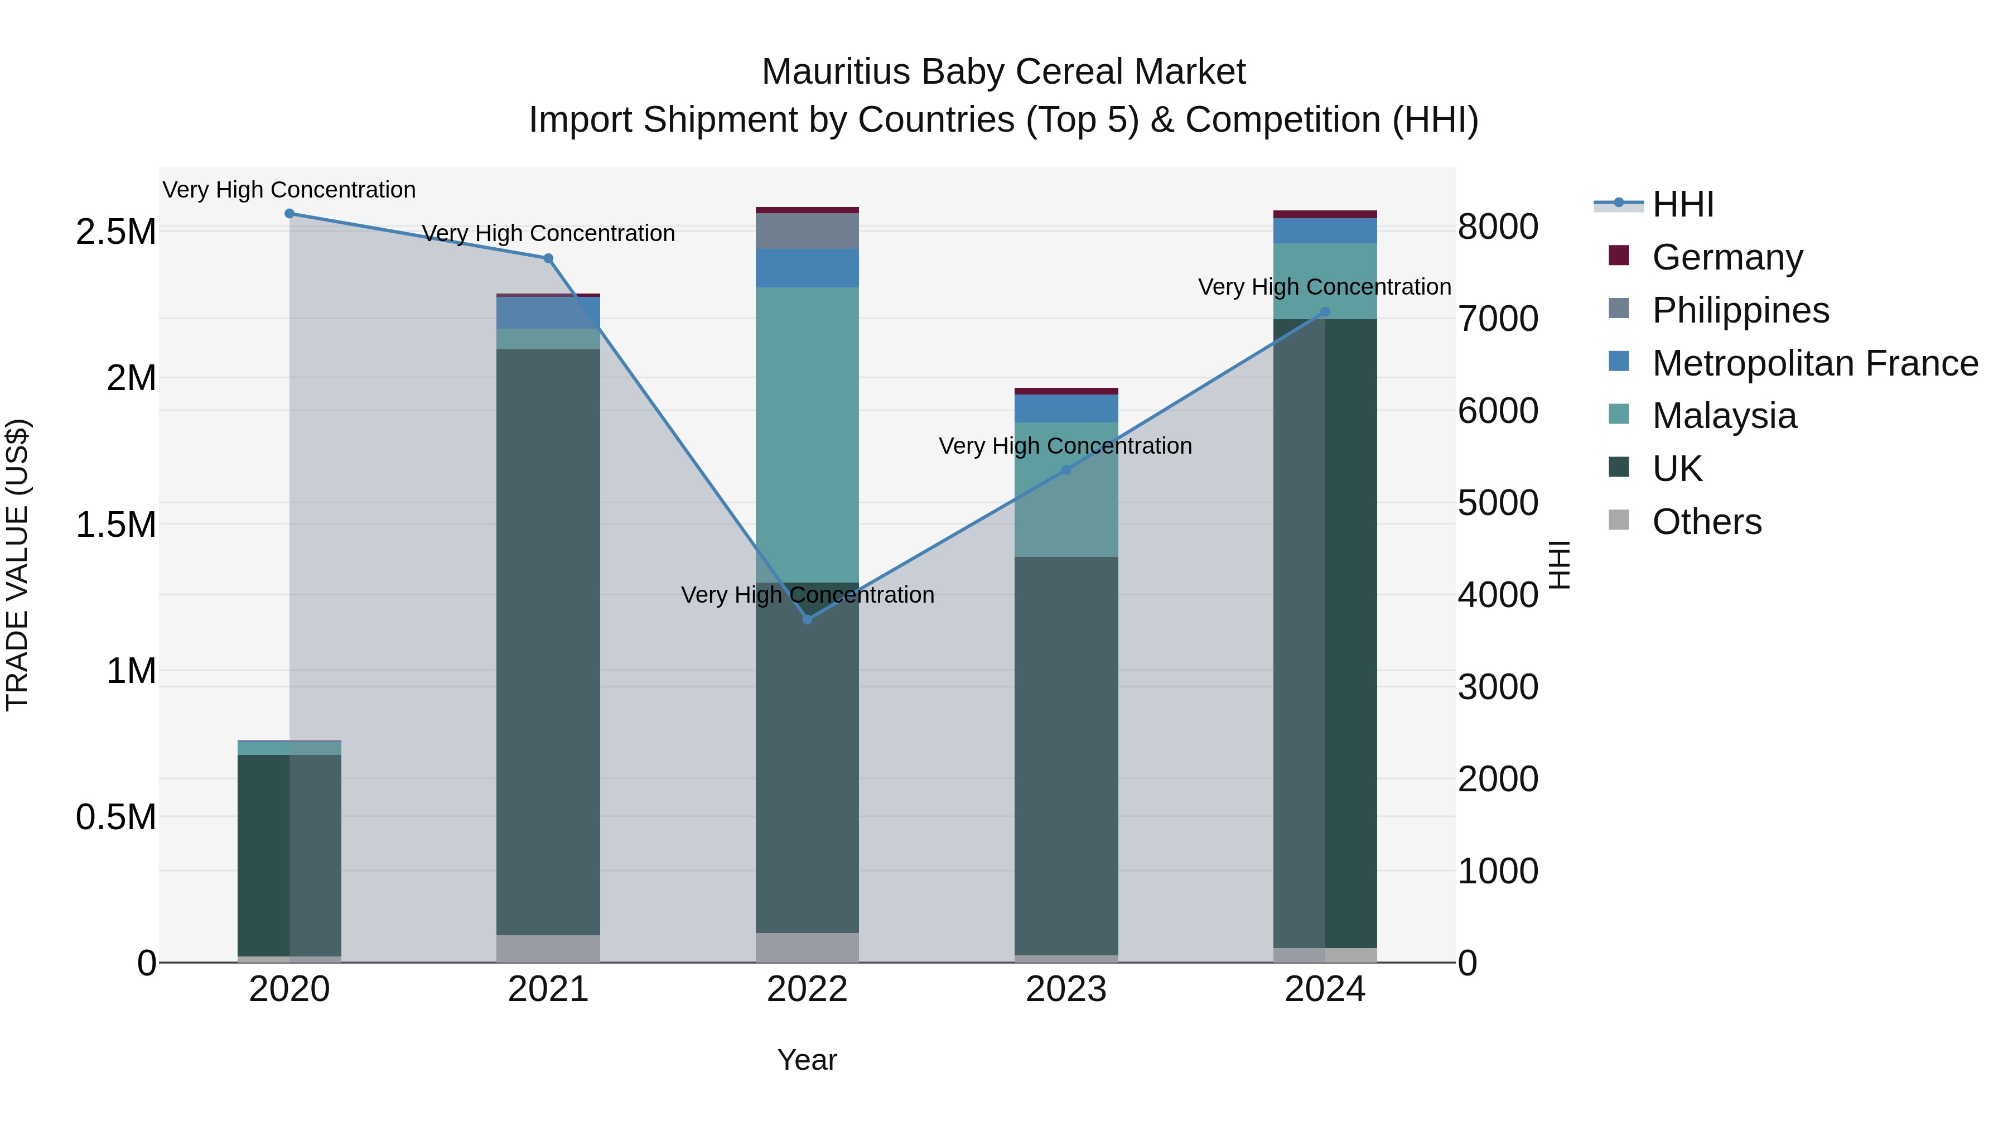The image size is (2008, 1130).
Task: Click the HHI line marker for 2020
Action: tap(289, 214)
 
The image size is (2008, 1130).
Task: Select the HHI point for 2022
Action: tap(808, 619)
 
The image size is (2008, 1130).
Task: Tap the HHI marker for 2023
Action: tap(1066, 469)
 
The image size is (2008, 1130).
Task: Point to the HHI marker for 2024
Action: tap(1325, 312)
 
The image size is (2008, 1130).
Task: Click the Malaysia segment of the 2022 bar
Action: tap(808, 434)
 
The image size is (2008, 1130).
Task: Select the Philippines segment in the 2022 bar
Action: tap(808, 231)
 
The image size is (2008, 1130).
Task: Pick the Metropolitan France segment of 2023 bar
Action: tap(1066, 408)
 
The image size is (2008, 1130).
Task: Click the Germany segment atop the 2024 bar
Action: tap(1325, 214)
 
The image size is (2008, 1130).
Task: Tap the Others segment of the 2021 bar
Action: tap(548, 948)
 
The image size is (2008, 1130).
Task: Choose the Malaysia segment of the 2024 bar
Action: tap(1325, 281)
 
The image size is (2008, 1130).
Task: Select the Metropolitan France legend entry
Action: tap(1814, 363)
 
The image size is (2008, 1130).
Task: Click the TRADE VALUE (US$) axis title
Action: tap(18, 565)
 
